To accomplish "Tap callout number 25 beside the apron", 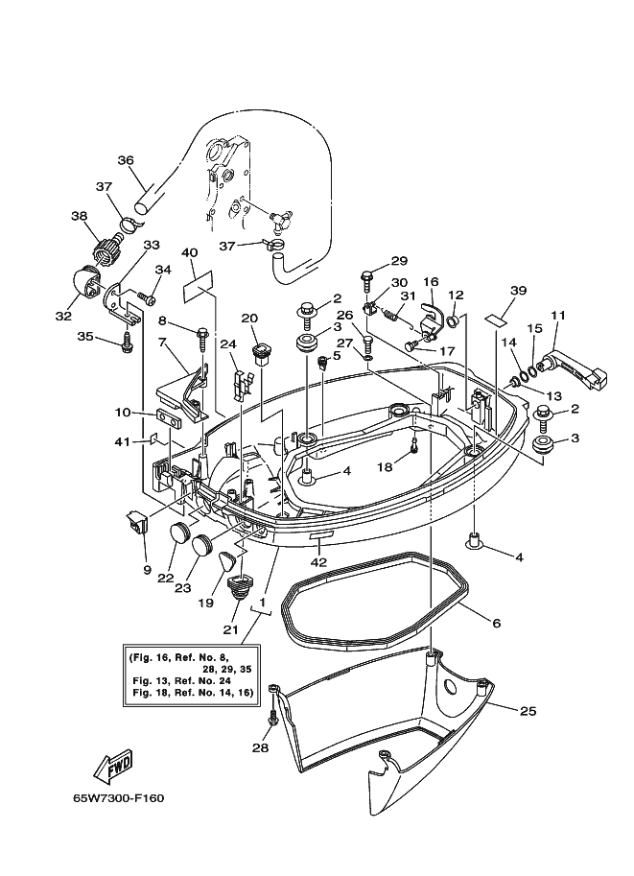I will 528,711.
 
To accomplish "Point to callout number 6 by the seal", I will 496,624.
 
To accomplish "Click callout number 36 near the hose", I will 126,160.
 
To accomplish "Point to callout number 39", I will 519,291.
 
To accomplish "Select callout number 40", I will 189,253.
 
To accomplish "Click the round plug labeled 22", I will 180,533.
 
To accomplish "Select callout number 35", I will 85,337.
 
